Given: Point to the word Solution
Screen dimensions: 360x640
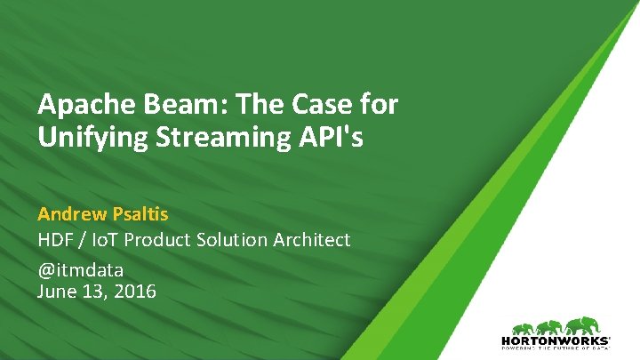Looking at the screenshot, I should [231, 240].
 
